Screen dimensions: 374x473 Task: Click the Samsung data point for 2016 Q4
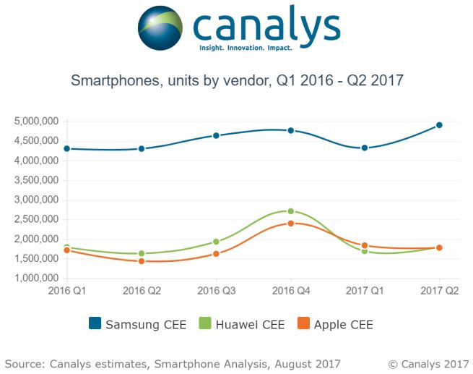(291, 130)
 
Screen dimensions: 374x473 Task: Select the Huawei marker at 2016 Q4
(291, 211)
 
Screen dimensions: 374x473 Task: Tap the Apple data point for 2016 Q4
(291, 224)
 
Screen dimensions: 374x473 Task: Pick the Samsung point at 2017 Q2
(440, 125)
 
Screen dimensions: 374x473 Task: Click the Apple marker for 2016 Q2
(142, 261)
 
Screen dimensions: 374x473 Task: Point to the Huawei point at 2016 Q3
(216, 242)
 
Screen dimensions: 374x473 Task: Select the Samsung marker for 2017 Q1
(365, 148)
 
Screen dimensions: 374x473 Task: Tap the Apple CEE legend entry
(335, 325)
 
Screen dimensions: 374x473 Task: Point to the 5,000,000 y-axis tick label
(36, 122)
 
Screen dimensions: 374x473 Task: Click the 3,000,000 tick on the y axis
(36, 200)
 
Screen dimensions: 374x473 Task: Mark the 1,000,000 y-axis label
(36, 279)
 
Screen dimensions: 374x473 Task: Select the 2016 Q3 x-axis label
(216, 290)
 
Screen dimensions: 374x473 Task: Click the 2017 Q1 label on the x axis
(365, 290)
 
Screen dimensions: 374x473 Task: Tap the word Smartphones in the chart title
(112, 80)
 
